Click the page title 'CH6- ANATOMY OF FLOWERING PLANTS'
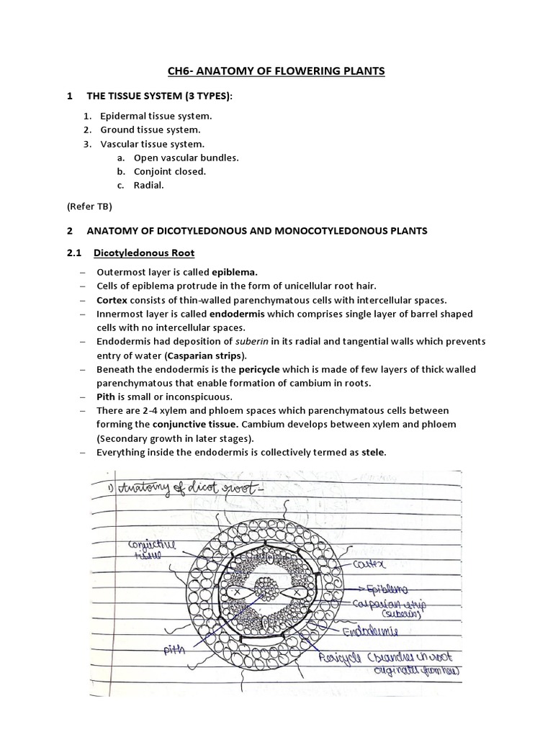pos(276,71)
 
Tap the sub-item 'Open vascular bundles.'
pos(186,158)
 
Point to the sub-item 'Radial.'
pos(148,185)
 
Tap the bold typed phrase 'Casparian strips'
pos(205,356)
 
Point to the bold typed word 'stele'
pos(375,452)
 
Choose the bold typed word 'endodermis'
pos(234,314)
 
